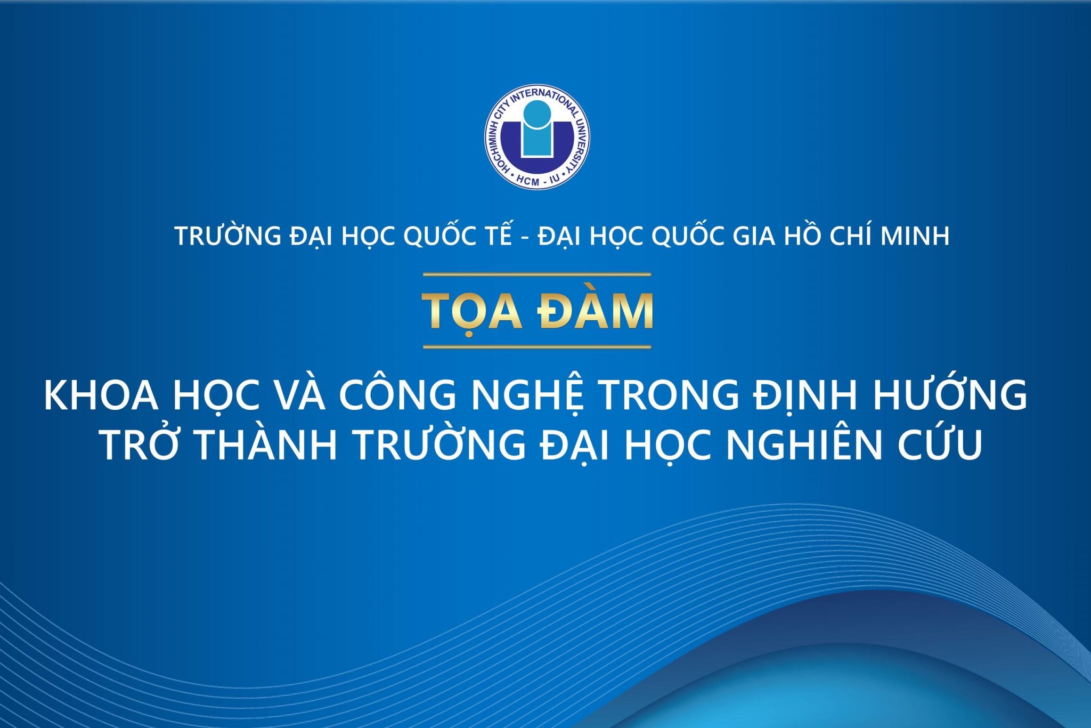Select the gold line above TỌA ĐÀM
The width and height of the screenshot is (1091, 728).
[x=537, y=275]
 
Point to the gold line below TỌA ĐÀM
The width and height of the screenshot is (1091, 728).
[x=537, y=347]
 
